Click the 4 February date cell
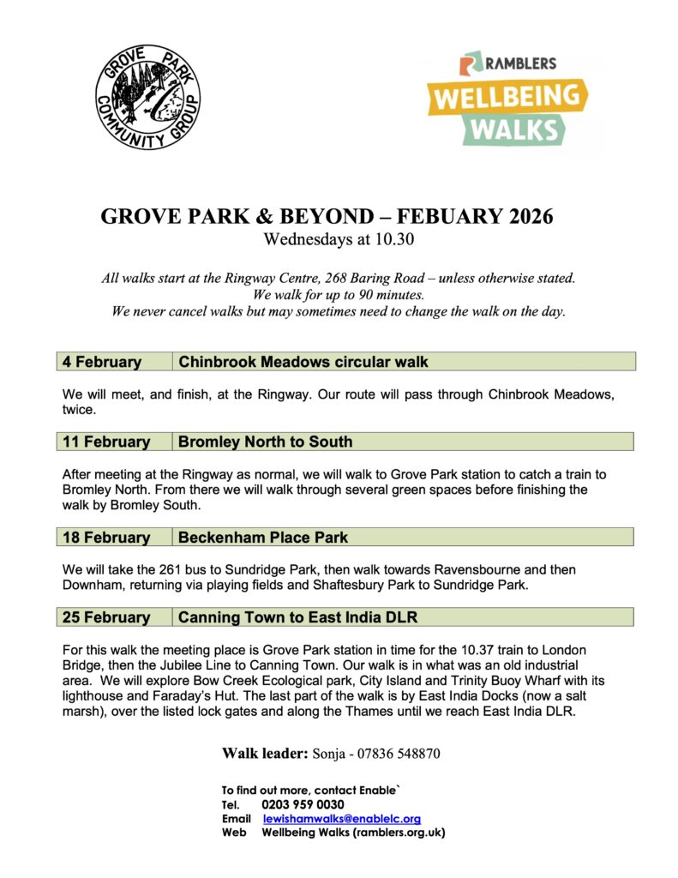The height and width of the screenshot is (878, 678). point(102,362)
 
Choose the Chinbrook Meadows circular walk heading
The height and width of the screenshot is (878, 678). point(303,362)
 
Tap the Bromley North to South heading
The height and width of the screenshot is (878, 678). point(266,442)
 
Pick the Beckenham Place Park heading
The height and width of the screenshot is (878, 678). point(264,538)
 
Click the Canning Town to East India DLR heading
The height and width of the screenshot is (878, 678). point(297,617)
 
